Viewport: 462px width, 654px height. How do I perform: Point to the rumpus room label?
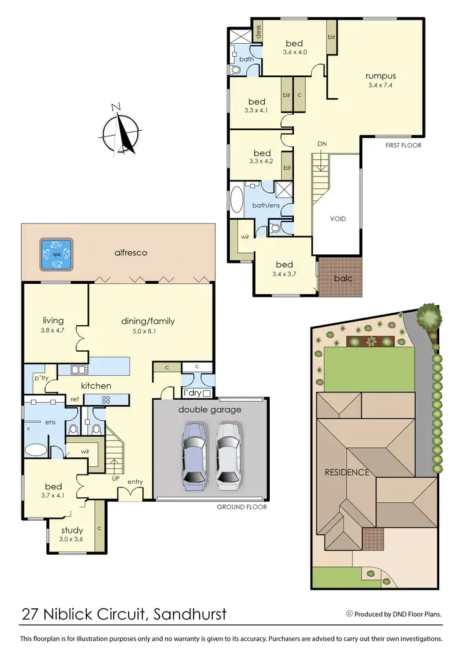pos(379,77)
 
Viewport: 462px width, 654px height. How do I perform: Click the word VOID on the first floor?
pos(337,218)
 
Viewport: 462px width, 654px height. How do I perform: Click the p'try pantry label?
pos(41,377)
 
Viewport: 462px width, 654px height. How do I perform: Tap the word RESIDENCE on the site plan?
pos(347,473)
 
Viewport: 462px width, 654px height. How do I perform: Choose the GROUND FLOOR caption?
pos(241,507)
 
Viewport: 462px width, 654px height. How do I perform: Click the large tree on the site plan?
pos(429,317)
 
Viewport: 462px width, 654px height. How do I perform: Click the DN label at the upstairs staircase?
pos(322,144)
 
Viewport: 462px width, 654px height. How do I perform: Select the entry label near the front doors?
pos(135,481)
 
